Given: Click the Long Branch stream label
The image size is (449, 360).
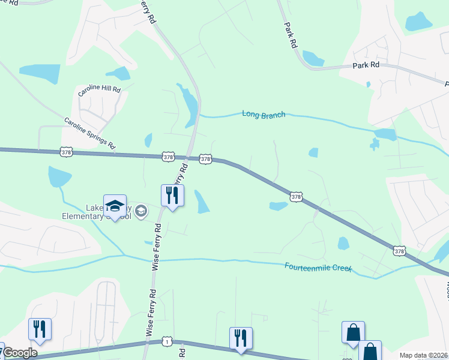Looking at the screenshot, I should click(x=264, y=113).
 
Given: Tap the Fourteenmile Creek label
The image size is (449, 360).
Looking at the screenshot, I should click(x=318, y=268).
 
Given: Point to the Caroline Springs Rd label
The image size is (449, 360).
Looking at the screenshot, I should click(x=90, y=133).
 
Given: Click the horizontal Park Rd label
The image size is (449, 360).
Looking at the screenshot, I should click(x=366, y=64).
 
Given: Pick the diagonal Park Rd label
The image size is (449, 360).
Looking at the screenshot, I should click(x=291, y=35).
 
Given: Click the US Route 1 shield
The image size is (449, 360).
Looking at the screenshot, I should click(x=166, y=341).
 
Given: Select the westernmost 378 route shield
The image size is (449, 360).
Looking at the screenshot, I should click(x=66, y=152).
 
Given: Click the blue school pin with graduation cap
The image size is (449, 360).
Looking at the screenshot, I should click(x=115, y=206).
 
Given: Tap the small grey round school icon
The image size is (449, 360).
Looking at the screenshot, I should click(x=141, y=210).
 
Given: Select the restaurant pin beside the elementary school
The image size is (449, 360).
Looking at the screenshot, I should click(x=172, y=196).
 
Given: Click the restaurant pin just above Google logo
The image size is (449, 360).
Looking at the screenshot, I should click(x=40, y=329).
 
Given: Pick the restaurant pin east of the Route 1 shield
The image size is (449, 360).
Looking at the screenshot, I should click(x=241, y=338).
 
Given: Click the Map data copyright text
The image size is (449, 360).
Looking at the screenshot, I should click(x=423, y=355).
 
